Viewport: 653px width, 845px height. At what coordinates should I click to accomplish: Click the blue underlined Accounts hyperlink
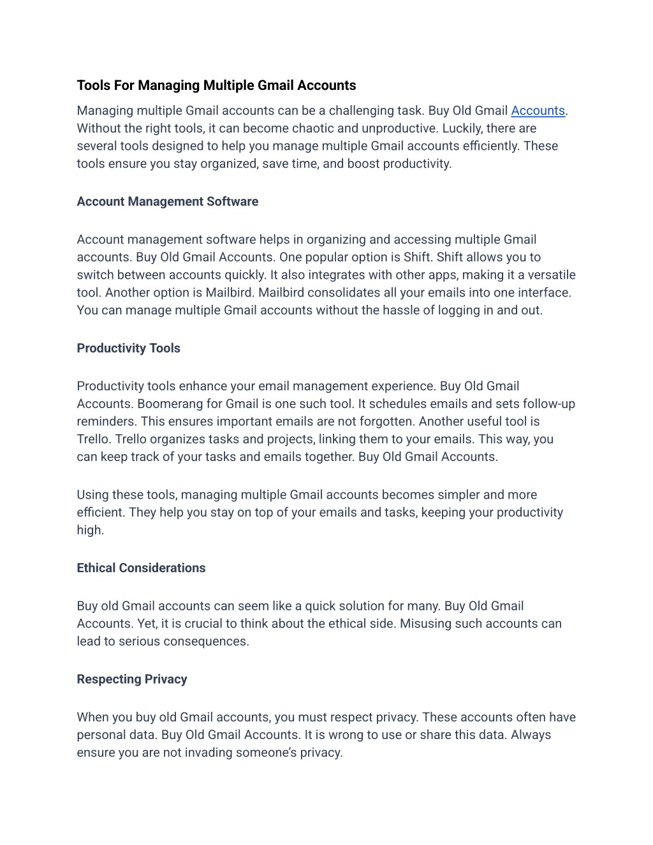click(538, 111)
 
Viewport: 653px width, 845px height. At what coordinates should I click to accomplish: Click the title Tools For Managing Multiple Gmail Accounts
click(216, 85)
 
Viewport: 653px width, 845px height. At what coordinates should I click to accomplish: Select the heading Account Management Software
click(167, 202)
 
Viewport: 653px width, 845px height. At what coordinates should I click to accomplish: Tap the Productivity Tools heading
click(128, 348)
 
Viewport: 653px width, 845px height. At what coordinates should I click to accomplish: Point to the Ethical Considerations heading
click(141, 568)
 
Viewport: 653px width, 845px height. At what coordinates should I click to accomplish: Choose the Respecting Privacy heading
click(132, 679)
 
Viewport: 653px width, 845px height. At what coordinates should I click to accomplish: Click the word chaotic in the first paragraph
click(313, 128)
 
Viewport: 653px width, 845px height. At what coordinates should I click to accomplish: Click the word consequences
click(206, 642)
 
